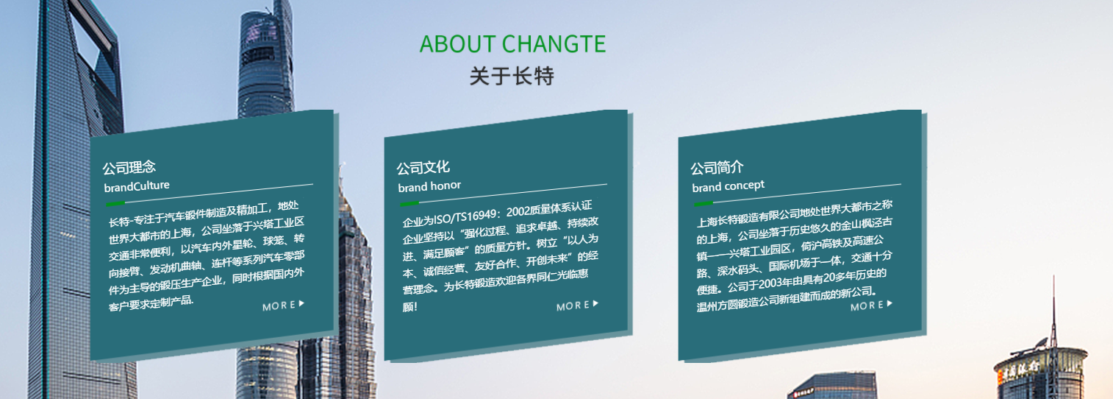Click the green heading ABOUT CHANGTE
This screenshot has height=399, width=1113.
[x=512, y=43]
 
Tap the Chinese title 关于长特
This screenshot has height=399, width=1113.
[x=512, y=76]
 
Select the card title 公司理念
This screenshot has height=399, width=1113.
[x=129, y=168]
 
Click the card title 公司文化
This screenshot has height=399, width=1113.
[x=423, y=168]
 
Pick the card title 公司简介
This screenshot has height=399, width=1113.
[x=717, y=168]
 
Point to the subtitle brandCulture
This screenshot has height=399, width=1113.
[x=137, y=186]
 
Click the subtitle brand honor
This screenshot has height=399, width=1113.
[x=429, y=186]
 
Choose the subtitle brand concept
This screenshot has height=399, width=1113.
[x=729, y=186]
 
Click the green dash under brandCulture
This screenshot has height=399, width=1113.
[x=115, y=203]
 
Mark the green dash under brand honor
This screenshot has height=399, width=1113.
[x=409, y=203]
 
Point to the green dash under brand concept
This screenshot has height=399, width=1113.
[x=704, y=203]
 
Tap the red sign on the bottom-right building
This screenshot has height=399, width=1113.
[x=1020, y=370]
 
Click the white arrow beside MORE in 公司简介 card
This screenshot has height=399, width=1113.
[x=890, y=303]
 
